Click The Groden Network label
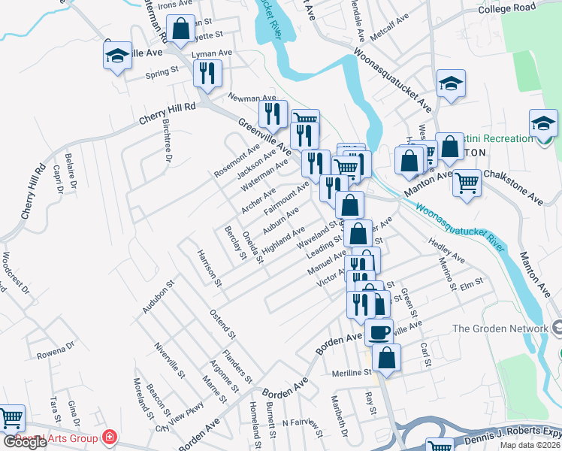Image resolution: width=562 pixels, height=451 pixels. click(500, 328)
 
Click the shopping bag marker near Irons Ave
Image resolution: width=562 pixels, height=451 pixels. click(181, 29)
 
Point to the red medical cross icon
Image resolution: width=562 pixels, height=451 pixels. click(110, 436)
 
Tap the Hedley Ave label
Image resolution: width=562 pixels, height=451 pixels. click(447, 252)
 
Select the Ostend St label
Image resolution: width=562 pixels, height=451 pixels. click(223, 323)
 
